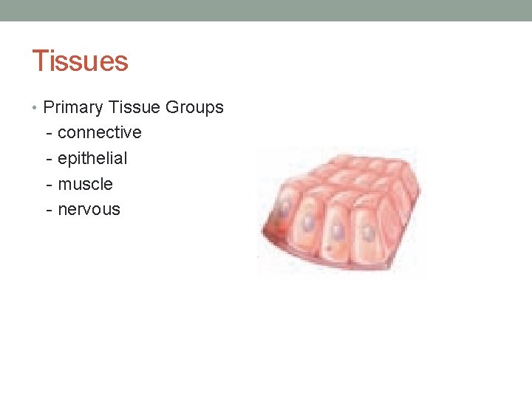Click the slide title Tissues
click(x=80, y=61)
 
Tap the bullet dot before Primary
click(x=36, y=108)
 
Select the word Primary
click(x=73, y=108)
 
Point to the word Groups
click(x=194, y=108)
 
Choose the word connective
click(x=99, y=133)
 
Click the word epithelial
click(x=92, y=158)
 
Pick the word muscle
click(x=85, y=184)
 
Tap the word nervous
click(x=89, y=209)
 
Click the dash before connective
click(x=49, y=133)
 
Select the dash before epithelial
click(x=49, y=158)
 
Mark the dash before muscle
click(x=49, y=184)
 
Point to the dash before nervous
click(x=49, y=209)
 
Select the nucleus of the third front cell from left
click(x=338, y=230)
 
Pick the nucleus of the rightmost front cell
click(x=367, y=235)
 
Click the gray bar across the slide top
click(x=266, y=10)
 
